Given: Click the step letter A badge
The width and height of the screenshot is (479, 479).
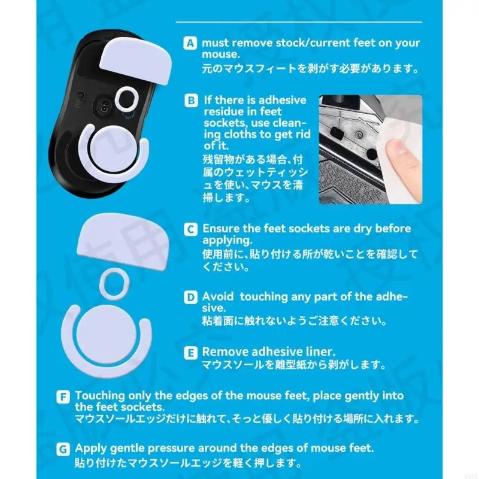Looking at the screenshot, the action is [190, 43].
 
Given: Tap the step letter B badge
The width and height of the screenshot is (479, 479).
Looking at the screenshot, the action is [191, 101].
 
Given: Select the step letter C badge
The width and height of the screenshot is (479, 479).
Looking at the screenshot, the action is [190, 229].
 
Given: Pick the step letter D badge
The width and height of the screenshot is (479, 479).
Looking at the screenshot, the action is [190, 297].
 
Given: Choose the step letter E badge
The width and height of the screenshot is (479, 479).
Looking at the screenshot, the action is [190, 353].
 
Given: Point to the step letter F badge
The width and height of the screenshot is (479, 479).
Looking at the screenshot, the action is [63, 396].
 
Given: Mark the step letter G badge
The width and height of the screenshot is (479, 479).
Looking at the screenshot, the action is [63, 449].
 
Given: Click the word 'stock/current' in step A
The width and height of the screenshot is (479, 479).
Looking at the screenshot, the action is [313, 43].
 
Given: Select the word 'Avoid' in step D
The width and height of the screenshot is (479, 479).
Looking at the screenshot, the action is [218, 296].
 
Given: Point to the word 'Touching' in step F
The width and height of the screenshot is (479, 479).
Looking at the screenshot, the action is [100, 396].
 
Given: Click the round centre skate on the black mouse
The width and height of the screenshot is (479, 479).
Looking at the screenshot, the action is [114, 149].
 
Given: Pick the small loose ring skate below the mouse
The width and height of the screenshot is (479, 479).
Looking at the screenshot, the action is [114, 284].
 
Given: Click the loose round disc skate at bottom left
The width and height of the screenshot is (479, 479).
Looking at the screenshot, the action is [105, 335].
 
